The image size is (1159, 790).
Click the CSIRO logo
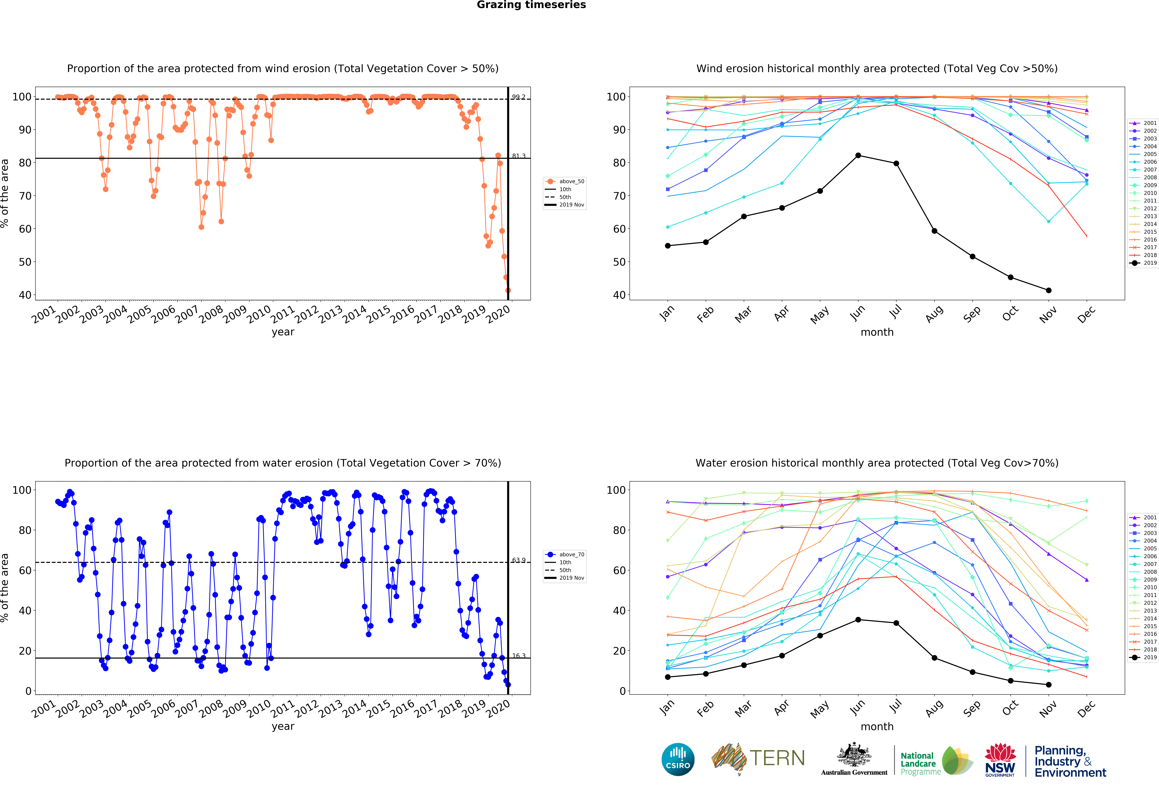click(x=678, y=760)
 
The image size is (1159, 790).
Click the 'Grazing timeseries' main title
click(x=531, y=5)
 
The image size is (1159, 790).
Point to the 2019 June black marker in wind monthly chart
click(x=858, y=156)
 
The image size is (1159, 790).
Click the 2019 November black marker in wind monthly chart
click(x=1048, y=290)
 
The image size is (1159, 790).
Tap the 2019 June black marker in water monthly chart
click(x=858, y=620)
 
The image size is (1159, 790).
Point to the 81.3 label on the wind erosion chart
click(x=519, y=156)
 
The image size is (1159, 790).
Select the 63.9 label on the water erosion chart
click(x=519, y=560)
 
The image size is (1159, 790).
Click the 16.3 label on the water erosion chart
click(x=519, y=656)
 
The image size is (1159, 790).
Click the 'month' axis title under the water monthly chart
click(x=877, y=727)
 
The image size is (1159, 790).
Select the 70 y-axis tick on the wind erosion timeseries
click(x=25, y=196)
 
